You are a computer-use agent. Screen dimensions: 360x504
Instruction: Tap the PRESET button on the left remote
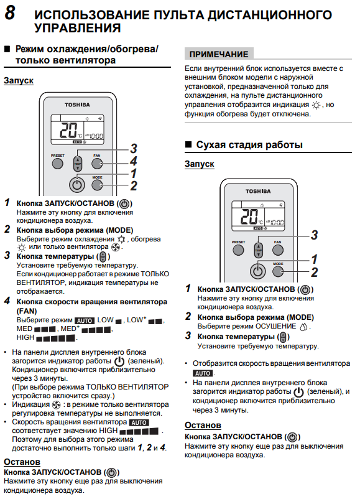tap(57, 163)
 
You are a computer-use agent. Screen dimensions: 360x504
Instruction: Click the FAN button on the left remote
tap(97, 163)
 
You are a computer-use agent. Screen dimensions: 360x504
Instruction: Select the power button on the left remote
tap(77, 185)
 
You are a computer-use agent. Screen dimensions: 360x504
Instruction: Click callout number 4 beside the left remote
tap(134, 161)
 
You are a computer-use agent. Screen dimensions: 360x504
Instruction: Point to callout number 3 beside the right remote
tap(315, 235)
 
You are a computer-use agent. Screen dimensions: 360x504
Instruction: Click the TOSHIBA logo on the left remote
tap(77, 105)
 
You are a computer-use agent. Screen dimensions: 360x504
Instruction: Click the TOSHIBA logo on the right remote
tap(258, 191)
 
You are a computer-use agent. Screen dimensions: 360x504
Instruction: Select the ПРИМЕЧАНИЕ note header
tap(219, 54)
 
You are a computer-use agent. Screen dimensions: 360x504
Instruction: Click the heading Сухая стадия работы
tap(249, 144)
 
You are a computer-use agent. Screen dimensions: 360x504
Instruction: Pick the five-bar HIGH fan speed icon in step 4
tap(55, 338)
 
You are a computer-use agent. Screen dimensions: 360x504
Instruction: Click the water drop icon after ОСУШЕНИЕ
tap(303, 327)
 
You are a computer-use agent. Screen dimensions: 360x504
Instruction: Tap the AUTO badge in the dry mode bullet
tap(203, 373)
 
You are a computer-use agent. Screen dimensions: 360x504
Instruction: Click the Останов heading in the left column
tap(22, 462)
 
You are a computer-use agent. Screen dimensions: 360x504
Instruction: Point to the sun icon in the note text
tap(316, 105)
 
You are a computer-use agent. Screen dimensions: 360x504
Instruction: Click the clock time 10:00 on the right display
tap(277, 222)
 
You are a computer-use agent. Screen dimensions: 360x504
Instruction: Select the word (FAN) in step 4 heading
tap(27, 311)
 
